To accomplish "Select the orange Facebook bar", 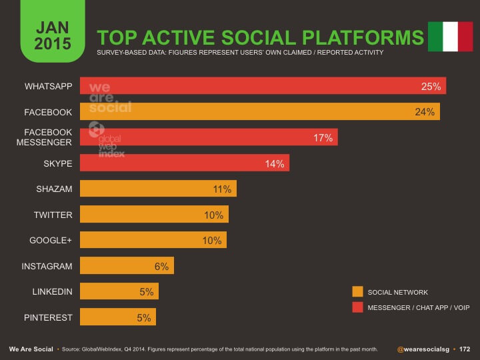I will click(260, 111).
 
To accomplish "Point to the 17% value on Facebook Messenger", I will click(323, 138).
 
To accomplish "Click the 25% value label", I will click(431, 87).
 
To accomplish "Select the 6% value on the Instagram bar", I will click(161, 267).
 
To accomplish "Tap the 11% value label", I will click(222, 189).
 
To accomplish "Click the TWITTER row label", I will click(53, 215).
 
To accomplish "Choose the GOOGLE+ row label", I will click(51, 240).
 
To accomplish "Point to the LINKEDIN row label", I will click(52, 292).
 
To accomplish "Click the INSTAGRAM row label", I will click(47, 266).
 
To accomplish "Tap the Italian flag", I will click(450, 36).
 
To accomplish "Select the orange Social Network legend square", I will click(357, 291).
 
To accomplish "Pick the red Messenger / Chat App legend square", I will click(357, 307).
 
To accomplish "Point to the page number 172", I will click(465, 349).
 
